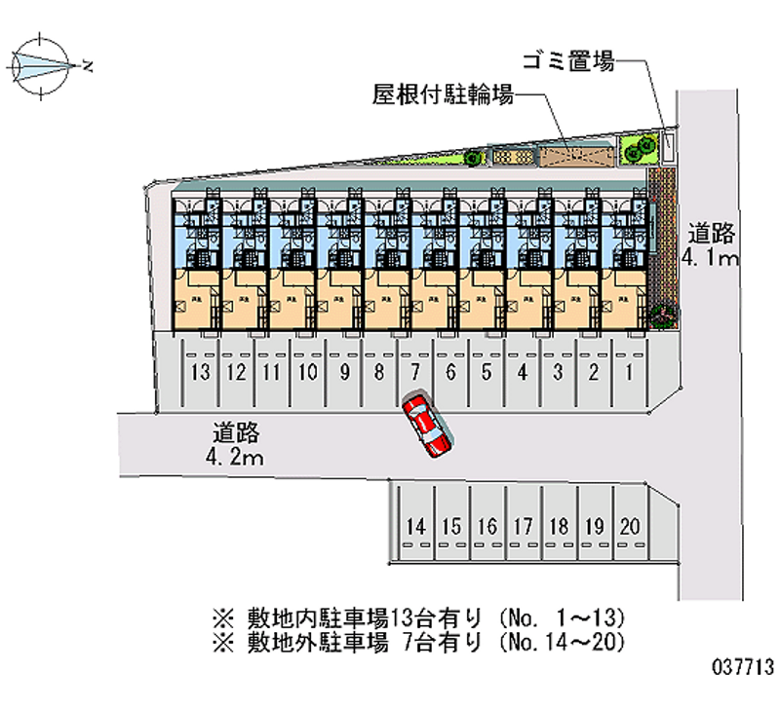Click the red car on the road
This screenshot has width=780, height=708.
click(426, 425)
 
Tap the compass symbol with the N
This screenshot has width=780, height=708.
click(44, 65)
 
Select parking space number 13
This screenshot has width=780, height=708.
click(201, 371)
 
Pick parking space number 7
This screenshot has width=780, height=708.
click(415, 371)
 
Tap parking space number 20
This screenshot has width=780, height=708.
click(630, 527)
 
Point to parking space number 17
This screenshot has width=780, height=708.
click(523, 527)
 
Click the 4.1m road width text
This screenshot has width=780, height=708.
click(711, 258)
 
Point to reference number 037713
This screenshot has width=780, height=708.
click(743, 667)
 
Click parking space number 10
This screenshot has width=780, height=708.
click(308, 371)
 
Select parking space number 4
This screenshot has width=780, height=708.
click(523, 371)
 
